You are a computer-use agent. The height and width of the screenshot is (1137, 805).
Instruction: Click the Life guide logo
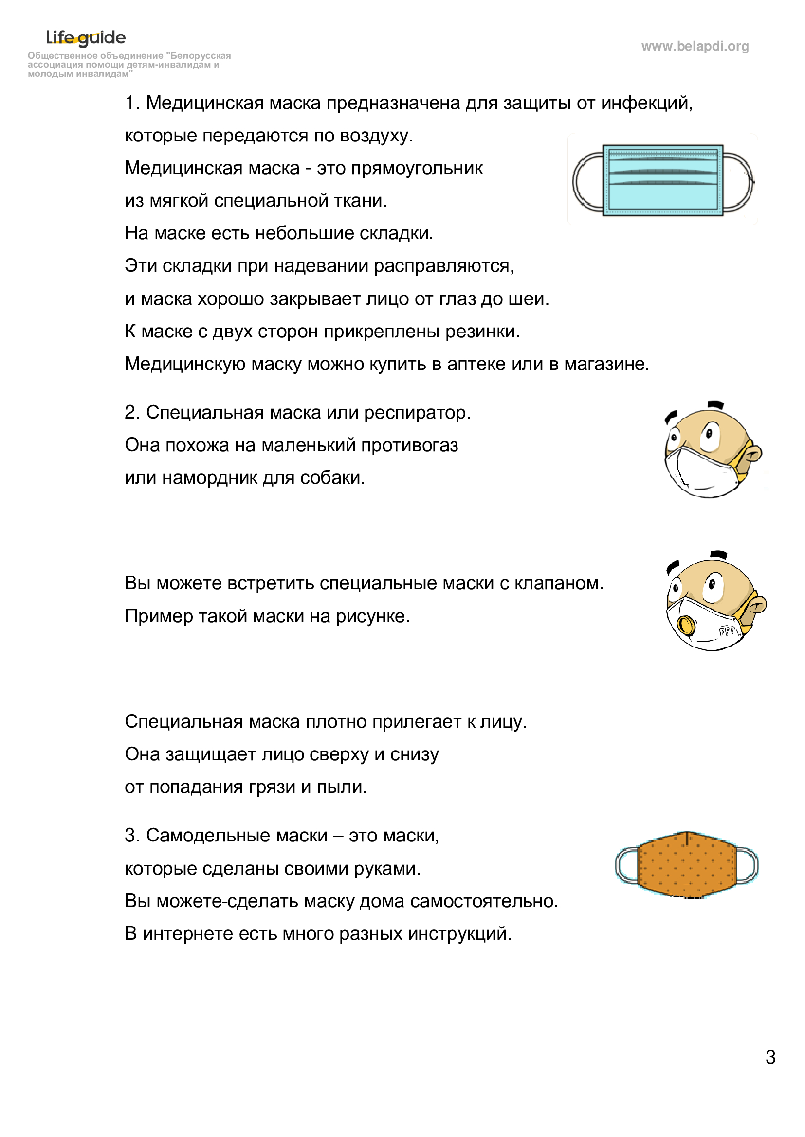pyautogui.click(x=86, y=37)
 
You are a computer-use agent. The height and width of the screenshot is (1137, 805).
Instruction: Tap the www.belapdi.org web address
pyautogui.click(x=695, y=46)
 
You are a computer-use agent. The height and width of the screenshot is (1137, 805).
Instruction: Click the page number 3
pyautogui.click(x=770, y=1057)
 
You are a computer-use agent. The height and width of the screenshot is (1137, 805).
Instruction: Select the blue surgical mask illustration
pyautogui.click(x=663, y=180)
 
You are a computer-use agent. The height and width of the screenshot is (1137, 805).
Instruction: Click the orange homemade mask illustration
pyautogui.click(x=687, y=865)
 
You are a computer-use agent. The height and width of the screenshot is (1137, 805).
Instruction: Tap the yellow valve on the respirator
pyautogui.click(x=686, y=625)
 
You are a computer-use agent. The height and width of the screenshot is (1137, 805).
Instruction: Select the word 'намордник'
pyautogui.click(x=210, y=478)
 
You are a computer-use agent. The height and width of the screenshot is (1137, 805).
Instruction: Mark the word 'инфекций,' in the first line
pyautogui.click(x=646, y=103)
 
